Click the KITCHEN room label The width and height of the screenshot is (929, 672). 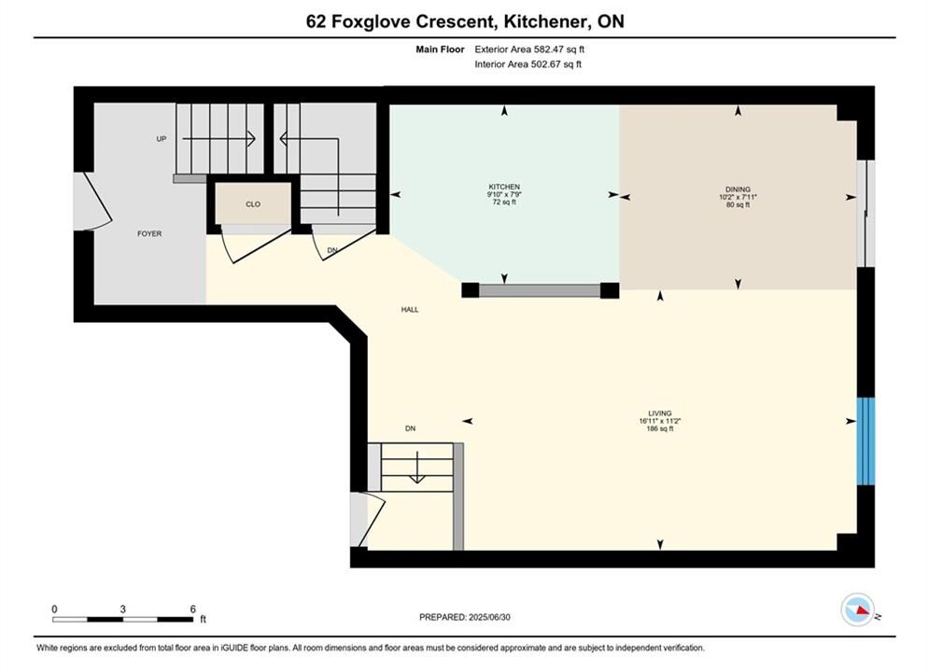504,187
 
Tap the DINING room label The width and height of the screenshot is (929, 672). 738,189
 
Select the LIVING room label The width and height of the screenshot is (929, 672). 660,413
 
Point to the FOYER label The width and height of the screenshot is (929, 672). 149,234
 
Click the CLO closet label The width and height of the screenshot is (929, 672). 253,204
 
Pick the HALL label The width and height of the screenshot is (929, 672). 410,310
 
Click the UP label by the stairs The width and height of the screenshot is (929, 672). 162,139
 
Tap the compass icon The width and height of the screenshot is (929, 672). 858,609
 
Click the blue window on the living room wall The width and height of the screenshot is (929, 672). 866,441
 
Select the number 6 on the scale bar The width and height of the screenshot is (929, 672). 193,609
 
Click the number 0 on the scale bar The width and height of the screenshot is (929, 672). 54,609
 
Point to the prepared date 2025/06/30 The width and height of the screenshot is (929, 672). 489,617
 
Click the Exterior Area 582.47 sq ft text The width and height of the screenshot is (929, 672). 529,49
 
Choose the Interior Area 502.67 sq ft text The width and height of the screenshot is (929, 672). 528,64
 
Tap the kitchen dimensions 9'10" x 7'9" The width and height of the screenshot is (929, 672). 504,194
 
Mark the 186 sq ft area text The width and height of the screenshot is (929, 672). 660,428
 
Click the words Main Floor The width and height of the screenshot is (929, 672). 440,49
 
